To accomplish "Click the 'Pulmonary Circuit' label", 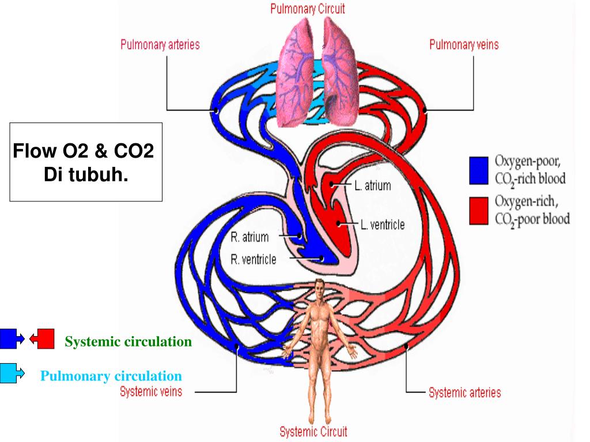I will [308, 9].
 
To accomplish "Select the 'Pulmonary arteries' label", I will [160, 45].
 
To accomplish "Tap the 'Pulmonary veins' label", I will [464, 45].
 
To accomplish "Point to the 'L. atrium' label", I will [372, 185].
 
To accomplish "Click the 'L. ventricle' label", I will [382, 224].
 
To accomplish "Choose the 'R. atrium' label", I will [249, 237].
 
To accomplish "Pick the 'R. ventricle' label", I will [253, 259].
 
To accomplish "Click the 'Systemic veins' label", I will [151, 392].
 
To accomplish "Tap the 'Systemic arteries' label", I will [464, 393].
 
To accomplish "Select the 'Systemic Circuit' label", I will [313, 431].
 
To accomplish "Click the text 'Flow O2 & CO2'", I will [84, 153].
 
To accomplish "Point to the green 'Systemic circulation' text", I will [128, 342].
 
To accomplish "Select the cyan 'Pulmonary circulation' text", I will [111, 376].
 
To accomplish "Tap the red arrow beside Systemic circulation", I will [42, 339].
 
